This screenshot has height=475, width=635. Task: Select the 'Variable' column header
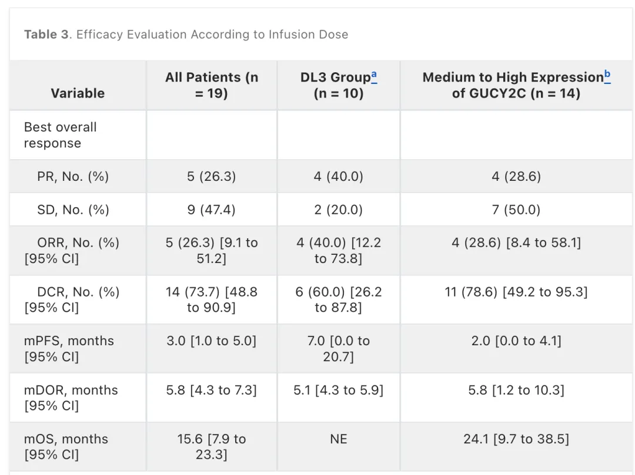click(78, 93)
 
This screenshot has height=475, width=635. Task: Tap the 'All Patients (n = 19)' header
click(212, 85)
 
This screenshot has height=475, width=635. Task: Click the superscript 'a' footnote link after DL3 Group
click(374, 76)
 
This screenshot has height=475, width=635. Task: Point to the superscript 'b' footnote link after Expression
click(607, 76)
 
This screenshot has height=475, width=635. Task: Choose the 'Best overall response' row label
click(61, 135)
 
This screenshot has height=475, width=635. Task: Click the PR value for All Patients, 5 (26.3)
click(212, 177)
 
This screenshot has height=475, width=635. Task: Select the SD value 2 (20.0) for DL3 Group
click(339, 210)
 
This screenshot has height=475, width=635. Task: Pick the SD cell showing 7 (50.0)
click(516, 210)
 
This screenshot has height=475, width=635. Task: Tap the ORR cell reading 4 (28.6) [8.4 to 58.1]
click(516, 242)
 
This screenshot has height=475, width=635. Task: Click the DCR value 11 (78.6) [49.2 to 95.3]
click(516, 292)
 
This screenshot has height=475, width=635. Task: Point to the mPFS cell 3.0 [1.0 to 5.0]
click(212, 341)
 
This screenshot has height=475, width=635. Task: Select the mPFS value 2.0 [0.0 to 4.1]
click(516, 341)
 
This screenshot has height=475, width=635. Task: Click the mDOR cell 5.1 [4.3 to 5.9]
click(339, 390)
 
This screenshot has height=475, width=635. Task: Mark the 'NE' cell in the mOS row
click(339, 439)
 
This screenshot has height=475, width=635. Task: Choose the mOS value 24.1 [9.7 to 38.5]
click(516, 439)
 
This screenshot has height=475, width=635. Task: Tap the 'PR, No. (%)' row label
click(73, 177)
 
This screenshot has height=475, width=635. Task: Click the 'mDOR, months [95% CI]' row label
click(71, 397)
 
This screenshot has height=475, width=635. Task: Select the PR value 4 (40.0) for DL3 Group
click(339, 177)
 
